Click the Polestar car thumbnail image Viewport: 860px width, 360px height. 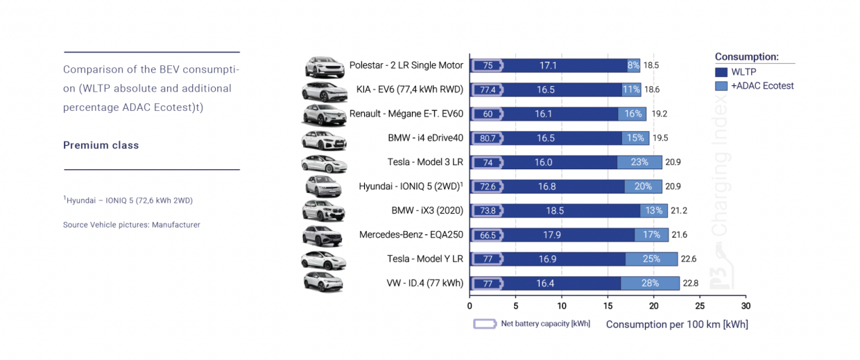(324, 67)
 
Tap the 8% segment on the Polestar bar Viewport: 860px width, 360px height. (634, 65)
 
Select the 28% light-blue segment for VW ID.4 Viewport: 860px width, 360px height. (650, 283)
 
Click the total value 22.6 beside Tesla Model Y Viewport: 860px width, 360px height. (689, 259)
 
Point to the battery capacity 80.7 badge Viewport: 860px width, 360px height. (488, 138)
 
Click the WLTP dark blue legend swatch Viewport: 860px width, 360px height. (721, 71)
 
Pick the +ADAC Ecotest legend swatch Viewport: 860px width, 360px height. (721, 86)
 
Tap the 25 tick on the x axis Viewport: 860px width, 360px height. (699, 305)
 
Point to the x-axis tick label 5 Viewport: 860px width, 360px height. (515, 305)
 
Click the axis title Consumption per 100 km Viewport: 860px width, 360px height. (677, 324)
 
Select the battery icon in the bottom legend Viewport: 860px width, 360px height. (485, 324)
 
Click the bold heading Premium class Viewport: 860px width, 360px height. (101, 145)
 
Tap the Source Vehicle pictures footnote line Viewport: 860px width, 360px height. (131, 225)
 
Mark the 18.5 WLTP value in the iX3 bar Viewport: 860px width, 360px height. (555, 210)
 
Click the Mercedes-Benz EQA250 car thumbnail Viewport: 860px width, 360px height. (322, 236)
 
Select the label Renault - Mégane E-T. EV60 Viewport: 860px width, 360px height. (406, 114)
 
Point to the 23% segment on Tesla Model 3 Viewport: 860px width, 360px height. (639, 162)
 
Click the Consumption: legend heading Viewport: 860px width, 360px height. (746, 57)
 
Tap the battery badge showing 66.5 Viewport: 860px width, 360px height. (488, 235)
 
